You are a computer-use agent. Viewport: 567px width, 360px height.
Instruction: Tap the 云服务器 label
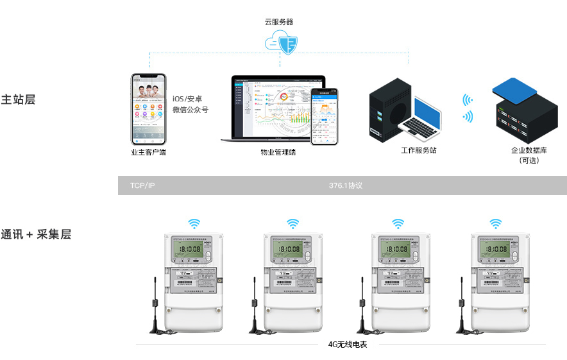click(x=279, y=22)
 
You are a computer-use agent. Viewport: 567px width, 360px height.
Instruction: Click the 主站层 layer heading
click(x=18, y=100)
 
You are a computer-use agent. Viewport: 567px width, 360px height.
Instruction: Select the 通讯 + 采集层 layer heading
click(x=36, y=234)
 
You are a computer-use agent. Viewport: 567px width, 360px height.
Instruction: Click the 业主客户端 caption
click(x=149, y=153)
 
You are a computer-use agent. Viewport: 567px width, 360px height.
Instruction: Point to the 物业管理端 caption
click(x=278, y=153)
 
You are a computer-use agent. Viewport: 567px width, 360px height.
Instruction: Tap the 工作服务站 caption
click(x=419, y=150)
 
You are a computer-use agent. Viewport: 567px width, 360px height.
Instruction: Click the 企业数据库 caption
click(x=529, y=150)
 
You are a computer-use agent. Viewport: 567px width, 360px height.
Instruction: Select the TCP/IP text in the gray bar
click(x=142, y=186)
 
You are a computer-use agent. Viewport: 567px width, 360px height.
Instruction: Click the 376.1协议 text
click(x=346, y=186)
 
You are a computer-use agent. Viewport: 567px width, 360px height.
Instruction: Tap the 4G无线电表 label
click(x=348, y=345)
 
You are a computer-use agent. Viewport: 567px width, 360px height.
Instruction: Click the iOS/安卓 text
click(x=187, y=99)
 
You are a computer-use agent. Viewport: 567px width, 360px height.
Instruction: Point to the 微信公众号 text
click(x=190, y=110)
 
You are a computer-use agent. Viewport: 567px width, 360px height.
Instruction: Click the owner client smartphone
click(x=149, y=109)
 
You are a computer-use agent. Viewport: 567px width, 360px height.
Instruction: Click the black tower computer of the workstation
click(x=390, y=108)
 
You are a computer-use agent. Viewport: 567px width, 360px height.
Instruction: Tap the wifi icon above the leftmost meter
click(x=194, y=224)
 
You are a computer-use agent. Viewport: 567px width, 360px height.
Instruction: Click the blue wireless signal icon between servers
click(x=468, y=108)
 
